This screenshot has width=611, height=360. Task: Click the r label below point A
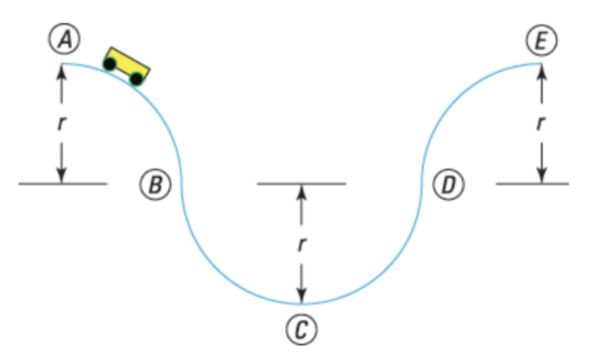61,123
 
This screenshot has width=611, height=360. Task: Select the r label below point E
541,123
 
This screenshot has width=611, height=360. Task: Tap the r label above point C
302,245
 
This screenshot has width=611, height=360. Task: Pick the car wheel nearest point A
111,64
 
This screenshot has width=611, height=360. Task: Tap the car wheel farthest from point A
136,77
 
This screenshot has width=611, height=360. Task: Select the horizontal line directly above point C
302,184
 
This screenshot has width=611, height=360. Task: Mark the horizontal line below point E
532,184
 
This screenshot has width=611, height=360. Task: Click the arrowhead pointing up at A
61,70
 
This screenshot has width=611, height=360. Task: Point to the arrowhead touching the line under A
61,176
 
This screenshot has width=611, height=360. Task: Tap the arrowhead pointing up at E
541,70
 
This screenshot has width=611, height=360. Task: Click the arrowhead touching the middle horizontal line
302,191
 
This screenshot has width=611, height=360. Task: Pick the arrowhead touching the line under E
541,176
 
